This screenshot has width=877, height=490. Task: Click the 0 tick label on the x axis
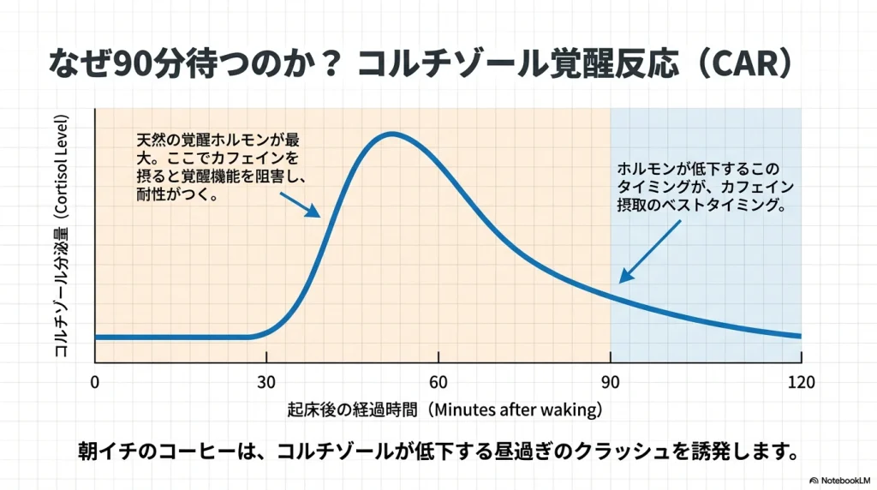[x=94, y=381]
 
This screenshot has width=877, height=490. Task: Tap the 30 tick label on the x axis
[x=266, y=381]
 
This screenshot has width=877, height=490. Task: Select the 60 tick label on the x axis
[x=438, y=381]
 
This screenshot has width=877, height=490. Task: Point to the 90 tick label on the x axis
[x=611, y=381]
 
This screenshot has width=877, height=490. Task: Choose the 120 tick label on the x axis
[x=800, y=381]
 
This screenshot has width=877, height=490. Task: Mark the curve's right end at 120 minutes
[x=800, y=335]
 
